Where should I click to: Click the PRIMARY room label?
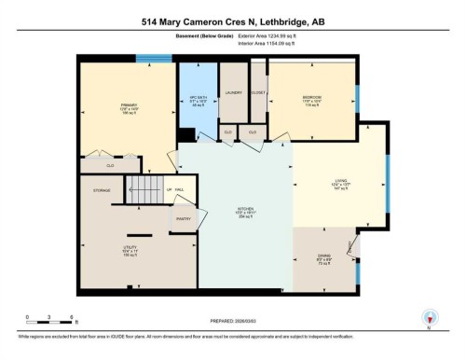[129, 105]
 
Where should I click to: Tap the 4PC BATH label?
[197, 96]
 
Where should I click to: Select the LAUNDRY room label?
[233, 92]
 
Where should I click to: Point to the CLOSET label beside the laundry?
[258, 92]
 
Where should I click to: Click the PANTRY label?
[184, 219]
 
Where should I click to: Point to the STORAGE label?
[102, 190]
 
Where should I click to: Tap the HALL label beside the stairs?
[179, 190]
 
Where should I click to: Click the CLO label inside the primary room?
[110, 165]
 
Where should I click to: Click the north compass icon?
[430, 317]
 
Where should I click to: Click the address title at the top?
[233, 22]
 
